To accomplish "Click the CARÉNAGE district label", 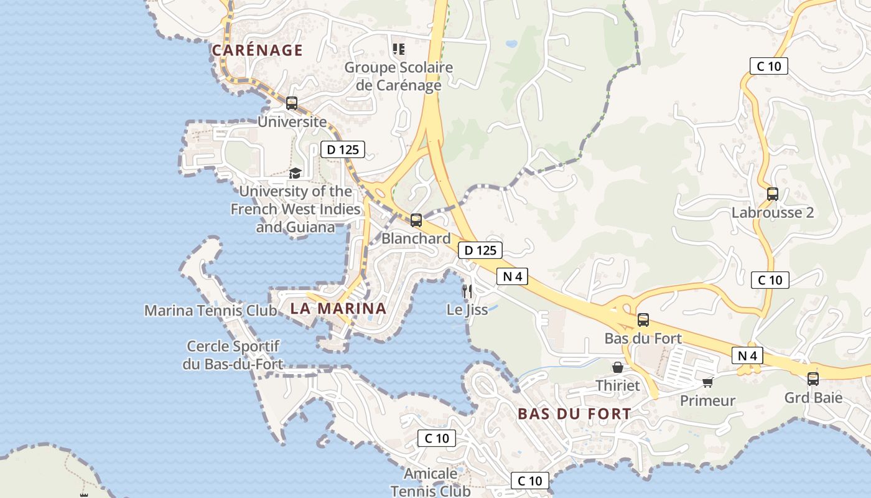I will [x=257, y=50].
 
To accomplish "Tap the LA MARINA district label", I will [x=338, y=308].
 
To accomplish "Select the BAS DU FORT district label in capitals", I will [x=574, y=413].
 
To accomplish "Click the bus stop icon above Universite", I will [x=292, y=103].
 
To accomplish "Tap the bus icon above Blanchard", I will [x=416, y=220].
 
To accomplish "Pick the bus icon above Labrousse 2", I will [x=773, y=194].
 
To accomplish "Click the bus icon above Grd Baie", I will [x=813, y=378].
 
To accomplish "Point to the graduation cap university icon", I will [x=295, y=173].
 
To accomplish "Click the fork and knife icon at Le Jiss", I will [x=467, y=291].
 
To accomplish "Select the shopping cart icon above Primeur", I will [x=707, y=382].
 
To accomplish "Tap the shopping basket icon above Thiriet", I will [x=618, y=367].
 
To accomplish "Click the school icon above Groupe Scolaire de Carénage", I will [x=399, y=49].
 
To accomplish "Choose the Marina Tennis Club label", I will [x=210, y=310].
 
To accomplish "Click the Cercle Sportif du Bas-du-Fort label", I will [x=233, y=355].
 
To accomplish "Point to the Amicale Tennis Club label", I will [x=431, y=482].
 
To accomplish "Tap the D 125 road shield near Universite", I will [x=342, y=149].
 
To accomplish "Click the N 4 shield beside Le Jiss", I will [x=512, y=276].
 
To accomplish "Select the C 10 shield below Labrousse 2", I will [x=770, y=280].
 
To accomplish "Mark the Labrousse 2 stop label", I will [x=773, y=212].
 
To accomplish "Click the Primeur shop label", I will [x=707, y=400].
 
